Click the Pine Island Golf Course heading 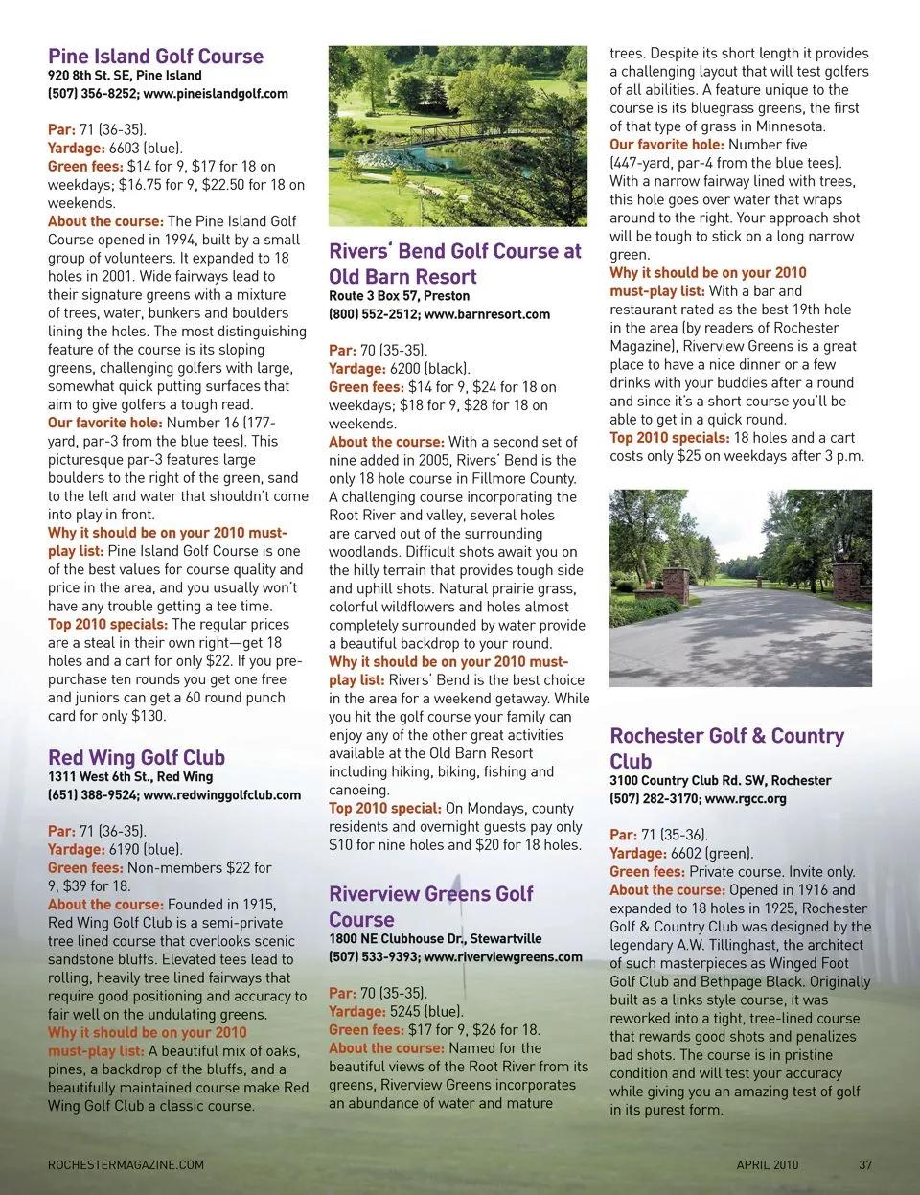click(155, 56)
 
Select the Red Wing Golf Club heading click(136, 757)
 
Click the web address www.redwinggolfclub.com click(221, 795)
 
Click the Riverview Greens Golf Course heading click(430, 906)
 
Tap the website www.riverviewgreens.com click(502, 956)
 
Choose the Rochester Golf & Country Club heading click(726, 748)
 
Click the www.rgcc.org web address click(745, 799)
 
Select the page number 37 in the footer click(865, 1165)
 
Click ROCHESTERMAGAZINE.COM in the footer click(126, 1165)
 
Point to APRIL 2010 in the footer click(767, 1165)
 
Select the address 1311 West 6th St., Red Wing click(130, 777)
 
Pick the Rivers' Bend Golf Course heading click(454, 264)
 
